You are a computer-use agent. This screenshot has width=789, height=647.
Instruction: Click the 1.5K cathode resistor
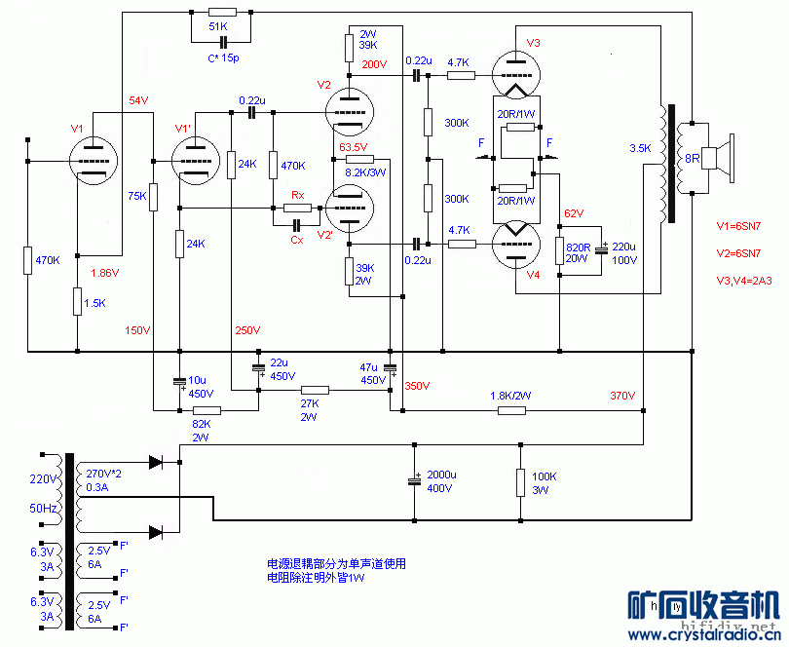pos(77,302)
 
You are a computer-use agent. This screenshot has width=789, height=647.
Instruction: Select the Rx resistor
pos(296,208)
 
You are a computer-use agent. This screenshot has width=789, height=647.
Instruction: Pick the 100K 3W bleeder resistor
pos(519,482)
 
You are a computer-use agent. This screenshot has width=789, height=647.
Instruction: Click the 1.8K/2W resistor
pos(512,410)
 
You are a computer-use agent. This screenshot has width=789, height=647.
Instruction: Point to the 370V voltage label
pos(622,396)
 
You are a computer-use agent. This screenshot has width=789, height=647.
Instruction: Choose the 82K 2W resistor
pos(207,410)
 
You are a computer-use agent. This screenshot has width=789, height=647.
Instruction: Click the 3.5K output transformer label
pos(640,149)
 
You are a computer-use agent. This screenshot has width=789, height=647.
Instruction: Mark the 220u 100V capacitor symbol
pos(603,250)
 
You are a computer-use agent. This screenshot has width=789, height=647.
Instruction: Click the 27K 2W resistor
pos(315,390)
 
